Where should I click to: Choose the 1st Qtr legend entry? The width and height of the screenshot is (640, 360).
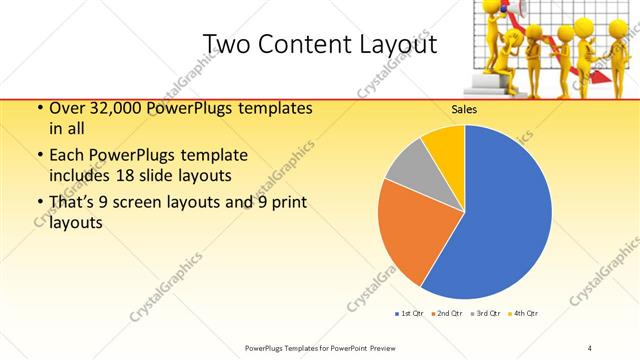pos(408,314)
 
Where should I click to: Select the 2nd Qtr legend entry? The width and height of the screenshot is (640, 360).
pos(447,314)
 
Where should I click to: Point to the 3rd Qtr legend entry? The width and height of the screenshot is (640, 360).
pos(487,314)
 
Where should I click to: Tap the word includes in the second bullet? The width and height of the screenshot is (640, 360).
pos(83,174)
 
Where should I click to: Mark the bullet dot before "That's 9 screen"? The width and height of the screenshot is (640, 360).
pos(38,205)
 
